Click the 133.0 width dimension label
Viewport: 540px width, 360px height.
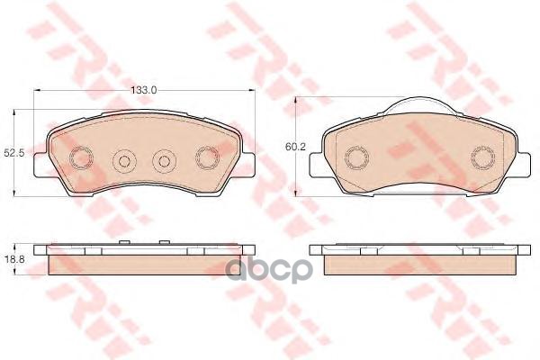coord(144,90)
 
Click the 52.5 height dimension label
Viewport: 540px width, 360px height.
coord(14,154)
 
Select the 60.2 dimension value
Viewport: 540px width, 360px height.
coord(295,147)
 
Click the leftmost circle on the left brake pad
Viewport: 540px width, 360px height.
coord(81,158)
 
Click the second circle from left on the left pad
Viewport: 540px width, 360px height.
coord(125,160)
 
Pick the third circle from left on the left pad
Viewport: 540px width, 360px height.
coord(165,160)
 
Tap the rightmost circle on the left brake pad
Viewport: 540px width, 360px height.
coord(207,158)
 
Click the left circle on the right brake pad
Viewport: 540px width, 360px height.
coord(356,158)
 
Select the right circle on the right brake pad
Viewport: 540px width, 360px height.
coord(482,158)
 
